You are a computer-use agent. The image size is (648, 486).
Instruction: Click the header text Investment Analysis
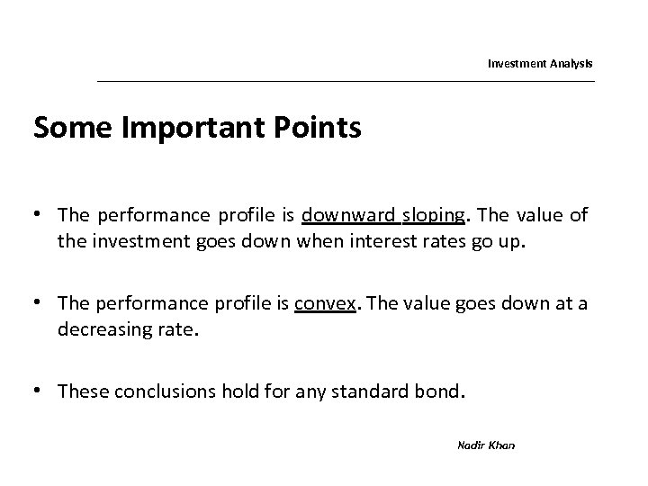pos(540,64)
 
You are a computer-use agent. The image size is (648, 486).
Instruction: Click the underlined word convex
pos(319,303)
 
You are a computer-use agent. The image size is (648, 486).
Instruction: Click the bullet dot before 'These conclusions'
pos(40,391)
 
